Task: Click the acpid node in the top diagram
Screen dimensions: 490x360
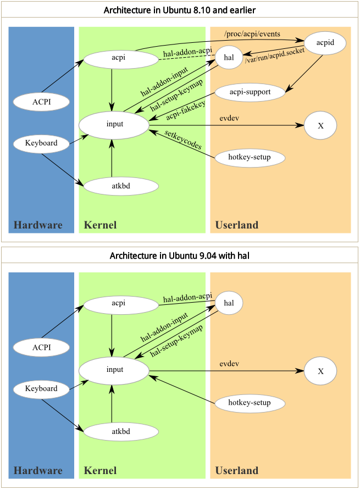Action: [325, 43]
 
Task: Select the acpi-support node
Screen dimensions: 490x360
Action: [250, 92]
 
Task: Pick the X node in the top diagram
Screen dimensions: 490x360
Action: [320, 126]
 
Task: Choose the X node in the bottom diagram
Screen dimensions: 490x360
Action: [320, 371]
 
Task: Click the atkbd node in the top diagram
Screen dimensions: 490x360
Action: [120, 186]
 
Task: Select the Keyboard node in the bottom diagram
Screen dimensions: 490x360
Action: [41, 389]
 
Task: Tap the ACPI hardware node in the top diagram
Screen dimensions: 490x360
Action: [41, 102]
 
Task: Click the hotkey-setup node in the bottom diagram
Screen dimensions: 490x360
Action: [250, 403]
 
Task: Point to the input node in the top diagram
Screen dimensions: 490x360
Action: [114, 124]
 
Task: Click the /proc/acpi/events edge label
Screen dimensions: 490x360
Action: [252, 34]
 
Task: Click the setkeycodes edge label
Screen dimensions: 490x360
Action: [182, 141]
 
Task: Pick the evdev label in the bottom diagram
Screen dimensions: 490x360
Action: [229, 364]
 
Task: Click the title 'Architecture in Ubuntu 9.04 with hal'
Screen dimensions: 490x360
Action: [180, 255]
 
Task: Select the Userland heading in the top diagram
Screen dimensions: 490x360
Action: [236, 225]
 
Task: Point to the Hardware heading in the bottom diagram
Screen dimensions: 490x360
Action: [38, 470]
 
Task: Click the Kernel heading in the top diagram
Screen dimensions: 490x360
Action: [100, 225]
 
